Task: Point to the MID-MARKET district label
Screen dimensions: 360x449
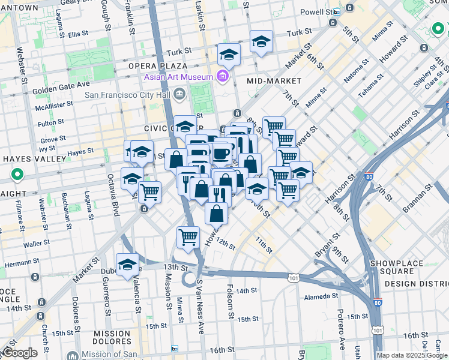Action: click(274, 80)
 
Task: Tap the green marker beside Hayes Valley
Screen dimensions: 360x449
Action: click(17, 176)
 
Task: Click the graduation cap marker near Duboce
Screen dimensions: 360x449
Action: click(127, 265)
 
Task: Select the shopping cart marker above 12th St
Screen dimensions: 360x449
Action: click(188, 237)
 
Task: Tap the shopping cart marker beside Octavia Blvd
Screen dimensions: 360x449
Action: click(149, 192)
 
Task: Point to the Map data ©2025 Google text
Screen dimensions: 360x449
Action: click(412, 355)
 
